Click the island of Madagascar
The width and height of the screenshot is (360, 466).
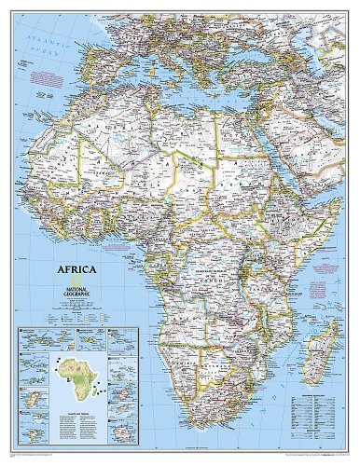(324, 349)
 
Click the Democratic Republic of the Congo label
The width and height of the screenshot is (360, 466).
(210, 266)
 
